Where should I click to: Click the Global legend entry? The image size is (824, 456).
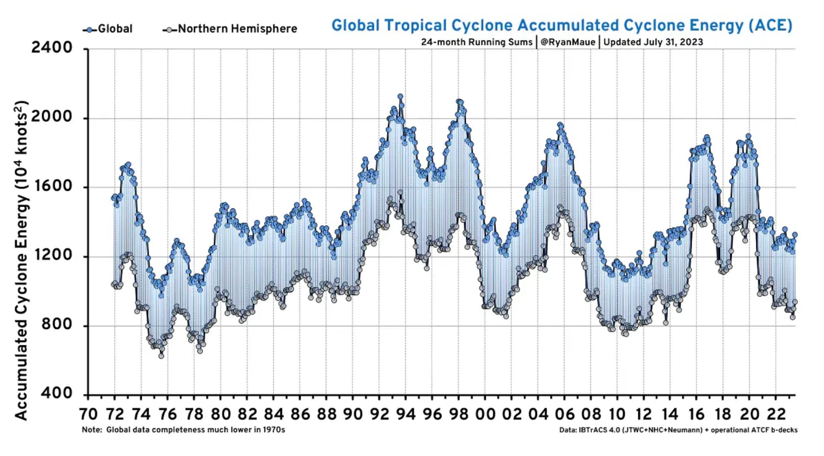click(x=107, y=29)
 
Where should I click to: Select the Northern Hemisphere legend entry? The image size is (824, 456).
click(x=230, y=29)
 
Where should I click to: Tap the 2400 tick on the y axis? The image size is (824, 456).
click(x=52, y=48)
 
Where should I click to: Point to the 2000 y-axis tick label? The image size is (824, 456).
click(x=52, y=117)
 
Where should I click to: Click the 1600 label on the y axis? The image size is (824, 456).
click(x=52, y=186)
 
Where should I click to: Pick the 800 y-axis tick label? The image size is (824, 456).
click(x=56, y=324)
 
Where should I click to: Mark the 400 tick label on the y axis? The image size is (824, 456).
click(x=56, y=393)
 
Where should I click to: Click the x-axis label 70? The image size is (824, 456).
click(x=88, y=414)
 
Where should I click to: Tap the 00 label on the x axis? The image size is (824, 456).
click(x=485, y=414)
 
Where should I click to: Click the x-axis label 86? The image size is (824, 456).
click(x=300, y=414)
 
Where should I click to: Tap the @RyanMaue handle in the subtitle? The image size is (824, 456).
click(x=568, y=42)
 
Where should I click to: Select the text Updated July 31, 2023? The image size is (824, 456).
click(x=653, y=42)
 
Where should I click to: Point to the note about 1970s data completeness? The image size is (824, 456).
click(x=183, y=430)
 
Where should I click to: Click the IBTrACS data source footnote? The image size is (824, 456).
click(x=678, y=430)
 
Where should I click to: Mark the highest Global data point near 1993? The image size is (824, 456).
click(x=400, y=96)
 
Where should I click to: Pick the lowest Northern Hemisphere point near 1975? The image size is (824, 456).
click(x=161, y=356)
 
